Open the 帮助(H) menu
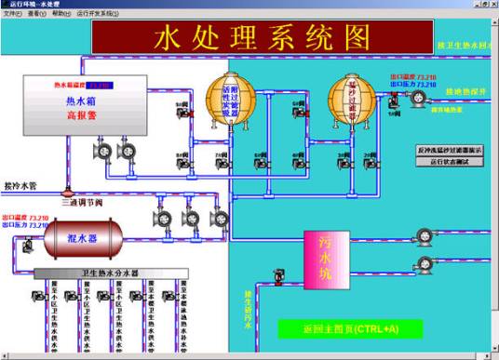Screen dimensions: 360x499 click(x=61, y=15)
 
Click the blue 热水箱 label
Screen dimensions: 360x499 click(x=81, y=101)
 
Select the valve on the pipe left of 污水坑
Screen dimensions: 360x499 click(x=278, y=275)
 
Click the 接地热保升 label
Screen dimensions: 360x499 click(x=466, y=91)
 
